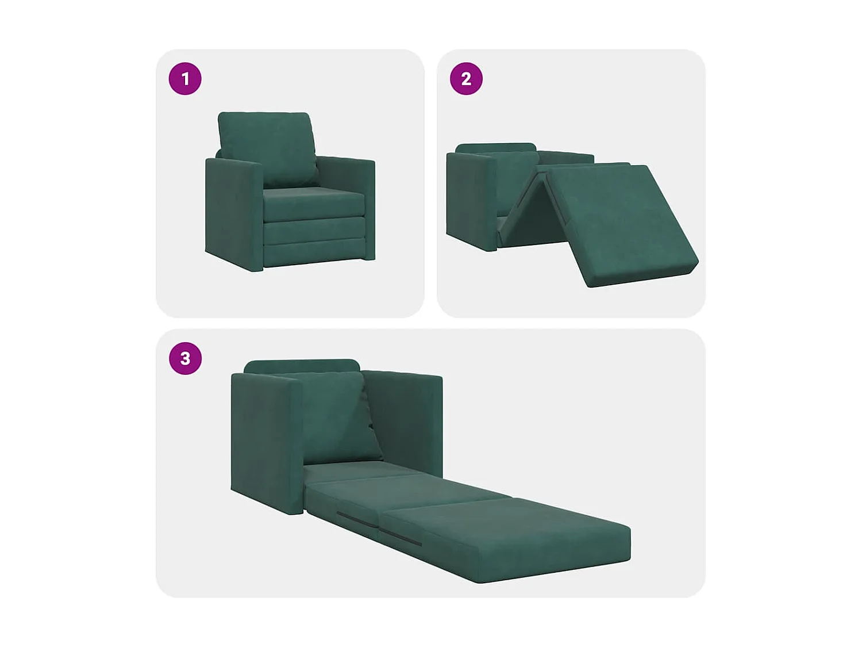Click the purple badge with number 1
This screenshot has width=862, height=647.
(185, 79)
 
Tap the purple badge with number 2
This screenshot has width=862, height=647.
(466, 79)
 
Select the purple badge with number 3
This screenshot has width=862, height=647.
(185, 358)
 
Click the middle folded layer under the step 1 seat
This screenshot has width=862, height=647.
(315, 231)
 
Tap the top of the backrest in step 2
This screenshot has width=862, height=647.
(495, 148)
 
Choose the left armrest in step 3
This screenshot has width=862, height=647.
(265, 440)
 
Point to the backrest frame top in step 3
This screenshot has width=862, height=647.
(302, 366)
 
